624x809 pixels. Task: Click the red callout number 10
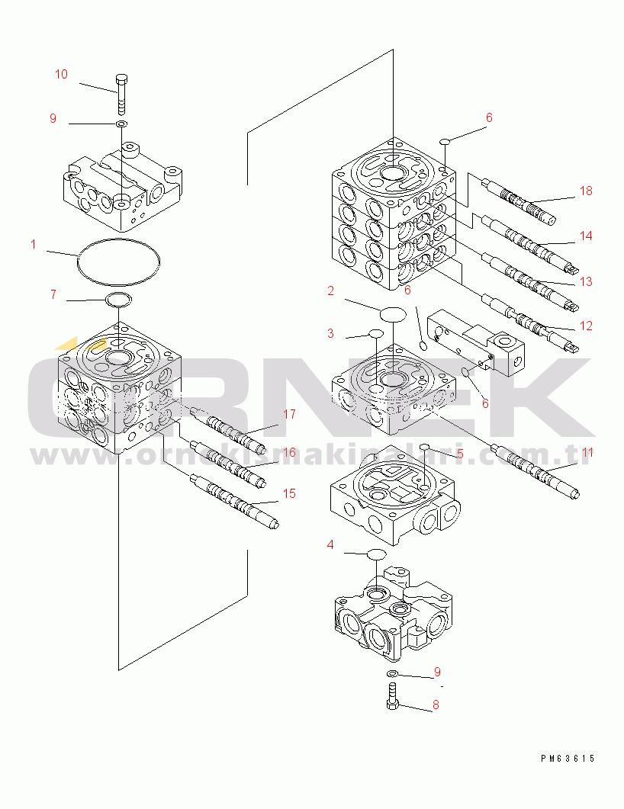[x=61, y=74]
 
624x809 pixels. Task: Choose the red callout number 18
[x=586, y=191]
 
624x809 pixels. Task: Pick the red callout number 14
[x=586, y=236]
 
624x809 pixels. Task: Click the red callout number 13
[x=586, y=281]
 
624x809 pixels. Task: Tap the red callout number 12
[x=586, y=326]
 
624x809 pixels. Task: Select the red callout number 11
[x=586, y=452]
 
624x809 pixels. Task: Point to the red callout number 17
[x=289, y=414]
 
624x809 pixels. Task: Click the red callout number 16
[x=289, y=452]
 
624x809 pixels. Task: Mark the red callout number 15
[x=289, y=493]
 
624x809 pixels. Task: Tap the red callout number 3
[x=330, y=333]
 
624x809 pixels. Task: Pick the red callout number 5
[x=459, y=453]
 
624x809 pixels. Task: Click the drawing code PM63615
[x=567, y=759]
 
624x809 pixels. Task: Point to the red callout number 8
[x=436, y=705]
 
